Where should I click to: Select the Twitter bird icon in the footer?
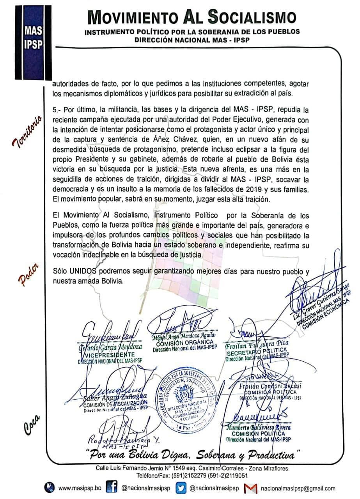tap(180, 488)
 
